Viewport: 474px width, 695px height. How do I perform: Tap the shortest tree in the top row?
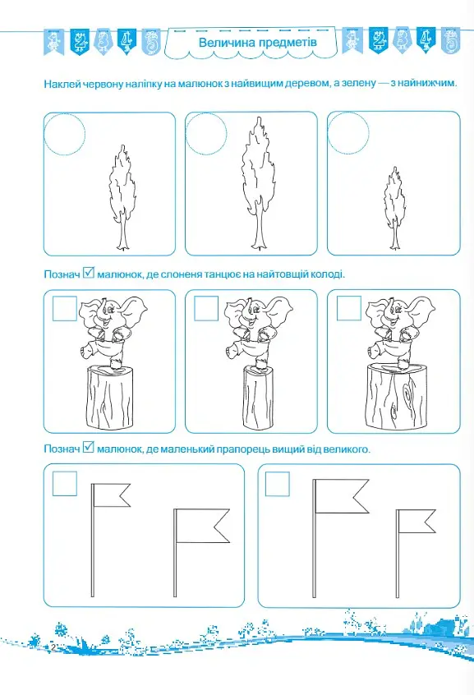coord(394,209)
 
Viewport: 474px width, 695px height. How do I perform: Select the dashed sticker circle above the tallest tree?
coord(206,134)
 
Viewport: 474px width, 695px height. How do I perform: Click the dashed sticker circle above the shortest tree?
coord(348,133)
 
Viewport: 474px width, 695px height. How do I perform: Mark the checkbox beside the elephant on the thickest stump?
coord(349,309)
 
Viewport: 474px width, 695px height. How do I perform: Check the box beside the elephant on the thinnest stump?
coord(206,309)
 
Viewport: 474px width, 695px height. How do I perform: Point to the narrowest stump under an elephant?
coord(258,397)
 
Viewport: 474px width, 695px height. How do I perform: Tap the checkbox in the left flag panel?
coord(65,484)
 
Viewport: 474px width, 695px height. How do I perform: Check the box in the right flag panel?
coord(278,484)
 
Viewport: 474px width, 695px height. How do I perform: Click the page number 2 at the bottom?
coord(53,648)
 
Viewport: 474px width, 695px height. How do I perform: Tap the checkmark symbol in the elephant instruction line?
coord(89,273)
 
